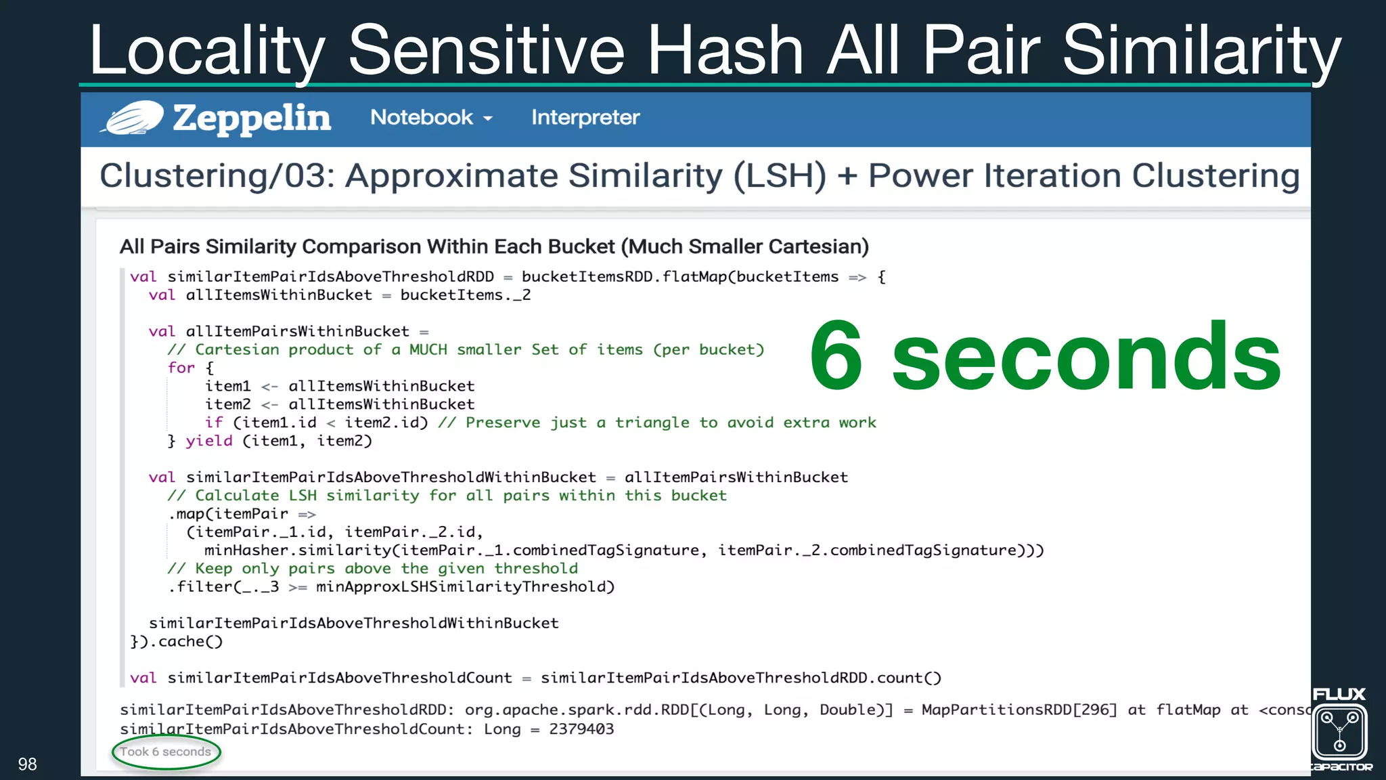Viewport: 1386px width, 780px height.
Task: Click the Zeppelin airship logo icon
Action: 133,118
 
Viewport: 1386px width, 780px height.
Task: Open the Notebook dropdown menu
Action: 430,118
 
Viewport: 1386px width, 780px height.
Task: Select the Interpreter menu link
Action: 585,118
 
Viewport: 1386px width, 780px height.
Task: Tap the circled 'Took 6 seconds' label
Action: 166,752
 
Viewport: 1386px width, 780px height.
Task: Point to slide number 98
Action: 27,764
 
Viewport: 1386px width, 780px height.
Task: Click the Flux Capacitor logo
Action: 1340,731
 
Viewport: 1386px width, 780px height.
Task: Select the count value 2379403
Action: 581,729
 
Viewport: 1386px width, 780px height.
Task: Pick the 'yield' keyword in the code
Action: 209,441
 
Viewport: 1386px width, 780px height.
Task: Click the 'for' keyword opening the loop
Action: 181,368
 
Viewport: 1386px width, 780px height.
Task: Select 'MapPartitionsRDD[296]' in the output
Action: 1019,710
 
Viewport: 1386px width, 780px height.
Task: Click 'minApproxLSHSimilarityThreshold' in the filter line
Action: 465,586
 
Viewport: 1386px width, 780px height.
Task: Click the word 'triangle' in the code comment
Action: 652,422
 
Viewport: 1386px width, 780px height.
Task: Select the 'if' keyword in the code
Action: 214,422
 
